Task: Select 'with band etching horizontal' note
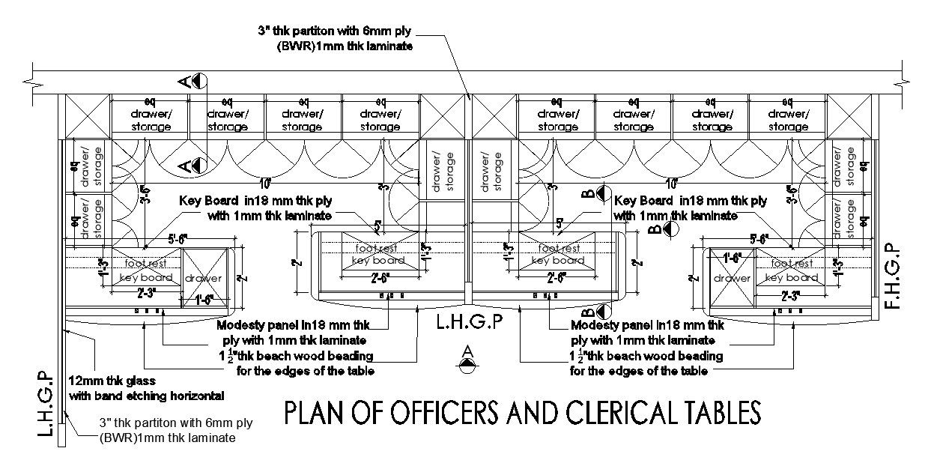pos(147,395)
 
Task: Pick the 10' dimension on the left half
pos(266,182)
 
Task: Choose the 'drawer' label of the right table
pos(732,278)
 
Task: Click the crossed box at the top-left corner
pos(85,118)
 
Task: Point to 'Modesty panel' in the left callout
pos(252,325)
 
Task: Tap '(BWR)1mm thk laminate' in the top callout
pos(345,46)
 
